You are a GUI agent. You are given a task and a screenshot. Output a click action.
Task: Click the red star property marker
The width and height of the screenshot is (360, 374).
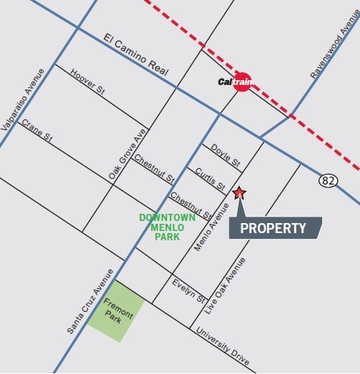239,192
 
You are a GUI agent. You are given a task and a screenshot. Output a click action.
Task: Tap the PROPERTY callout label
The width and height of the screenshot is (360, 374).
274,229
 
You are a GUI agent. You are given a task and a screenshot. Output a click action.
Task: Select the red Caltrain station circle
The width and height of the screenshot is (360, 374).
243,82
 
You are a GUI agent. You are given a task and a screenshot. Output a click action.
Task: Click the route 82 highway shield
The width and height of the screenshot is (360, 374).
329,181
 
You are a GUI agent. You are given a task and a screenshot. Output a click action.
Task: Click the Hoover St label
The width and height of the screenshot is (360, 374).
88,82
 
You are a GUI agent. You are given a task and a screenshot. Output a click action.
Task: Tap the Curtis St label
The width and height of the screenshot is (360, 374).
211,174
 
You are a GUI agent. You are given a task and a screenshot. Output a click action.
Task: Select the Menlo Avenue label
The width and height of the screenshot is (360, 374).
212,227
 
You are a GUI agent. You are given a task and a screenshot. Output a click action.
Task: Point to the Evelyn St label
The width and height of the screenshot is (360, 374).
189,289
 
